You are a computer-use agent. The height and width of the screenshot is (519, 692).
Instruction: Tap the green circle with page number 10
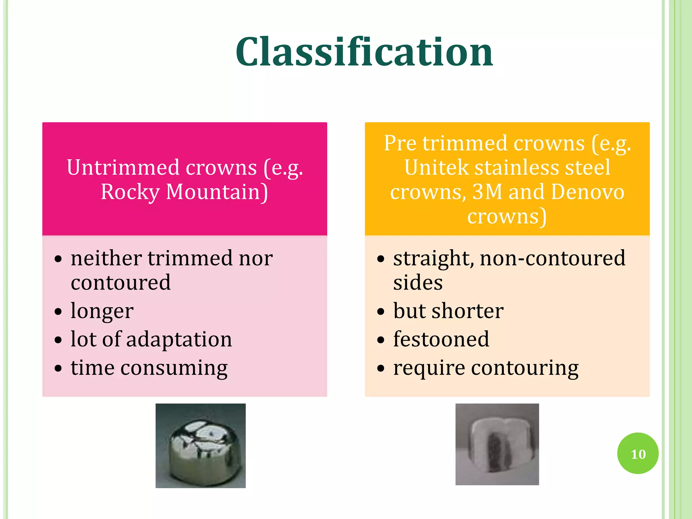tap(638, 453)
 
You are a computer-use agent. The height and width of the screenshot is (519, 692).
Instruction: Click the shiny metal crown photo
tap(200, 445)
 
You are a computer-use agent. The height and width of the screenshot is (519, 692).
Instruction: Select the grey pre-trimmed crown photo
tap(497, 444)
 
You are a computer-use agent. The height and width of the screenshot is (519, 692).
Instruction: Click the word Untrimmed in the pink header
tap(123, 168)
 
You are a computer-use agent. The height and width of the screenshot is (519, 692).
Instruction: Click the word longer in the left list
tap(102, 311)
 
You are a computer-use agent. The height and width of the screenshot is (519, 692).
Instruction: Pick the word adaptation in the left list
tap(179, 339)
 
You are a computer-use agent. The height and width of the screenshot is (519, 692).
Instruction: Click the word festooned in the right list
tap(441, 339)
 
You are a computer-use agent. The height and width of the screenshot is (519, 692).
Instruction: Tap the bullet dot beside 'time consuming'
tap(58, 368)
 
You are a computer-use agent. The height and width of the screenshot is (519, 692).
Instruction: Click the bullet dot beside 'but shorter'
tap(381, 311)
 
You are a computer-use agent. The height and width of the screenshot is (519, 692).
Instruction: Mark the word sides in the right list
tap(418, 282)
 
